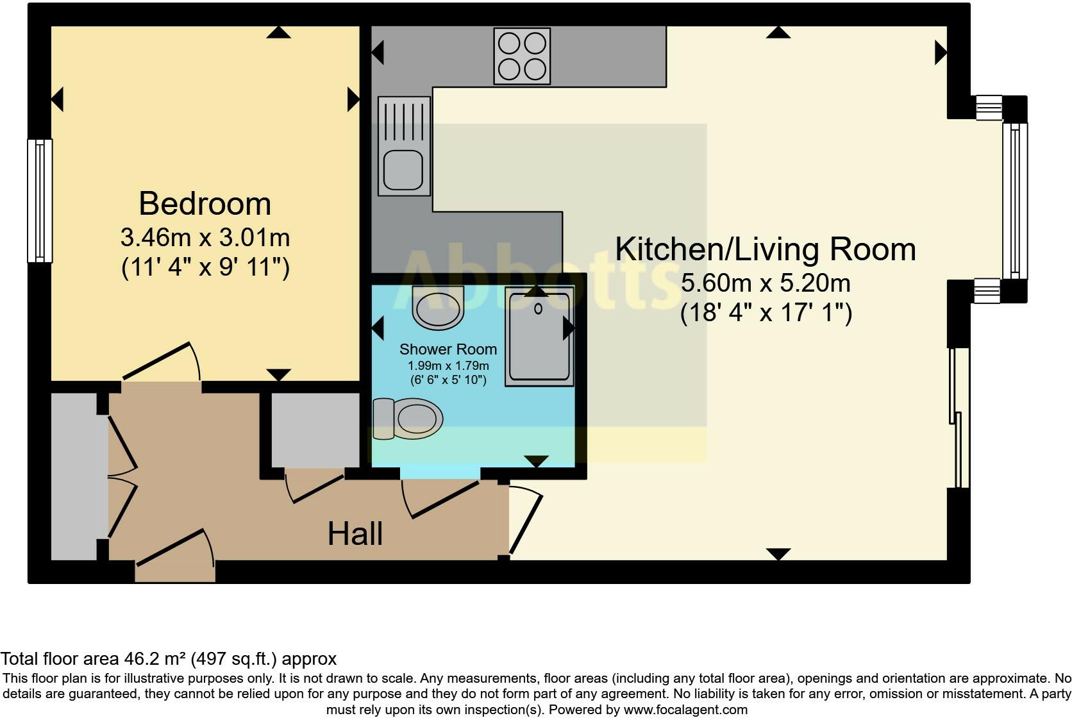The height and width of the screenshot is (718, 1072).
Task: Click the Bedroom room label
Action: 205,204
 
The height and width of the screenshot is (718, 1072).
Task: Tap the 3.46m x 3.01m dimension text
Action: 205,238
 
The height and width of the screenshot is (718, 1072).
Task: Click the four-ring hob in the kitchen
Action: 521,56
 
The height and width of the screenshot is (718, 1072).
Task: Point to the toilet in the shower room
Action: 410,419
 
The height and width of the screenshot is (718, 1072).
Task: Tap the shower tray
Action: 539,337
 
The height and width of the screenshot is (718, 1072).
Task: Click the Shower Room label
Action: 448,349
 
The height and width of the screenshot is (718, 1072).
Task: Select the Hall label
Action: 355,534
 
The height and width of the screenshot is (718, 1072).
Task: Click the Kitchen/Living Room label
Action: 766,249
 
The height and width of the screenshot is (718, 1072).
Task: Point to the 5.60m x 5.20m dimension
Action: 766,283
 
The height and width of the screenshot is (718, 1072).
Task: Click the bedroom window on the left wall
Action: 40,201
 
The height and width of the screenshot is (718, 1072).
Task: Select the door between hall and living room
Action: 524,519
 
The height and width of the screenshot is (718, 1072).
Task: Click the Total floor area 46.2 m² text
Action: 168,659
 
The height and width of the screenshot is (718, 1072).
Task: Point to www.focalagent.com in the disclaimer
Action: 685,710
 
